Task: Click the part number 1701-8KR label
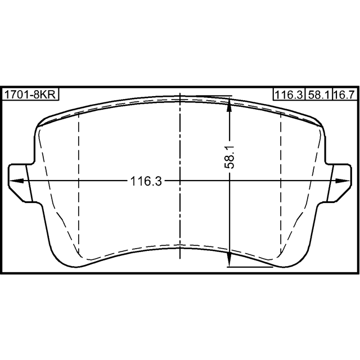coord(30,94)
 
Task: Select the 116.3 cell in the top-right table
coord(289,94)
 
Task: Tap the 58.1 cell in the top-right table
coord(319,94)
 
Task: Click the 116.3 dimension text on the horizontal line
coord(146,181)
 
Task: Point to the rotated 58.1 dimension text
coord(229,157)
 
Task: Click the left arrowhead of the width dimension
coord(16,181)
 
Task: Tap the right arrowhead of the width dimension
coord(343,181)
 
